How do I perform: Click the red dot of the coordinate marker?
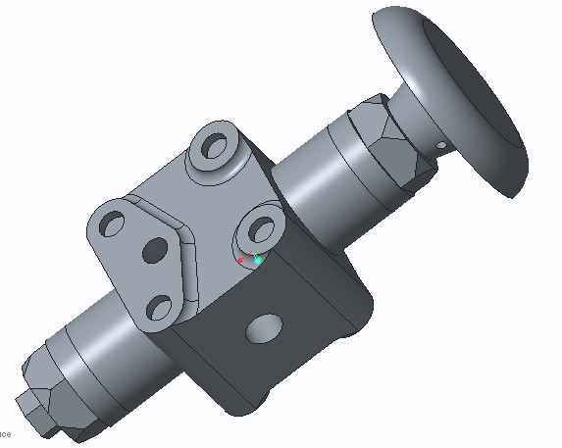pos(240,261)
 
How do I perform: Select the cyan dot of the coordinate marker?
pos(258,261)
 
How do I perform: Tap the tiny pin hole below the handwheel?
pos(441,147)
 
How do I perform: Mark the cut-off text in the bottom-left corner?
pos(5,433)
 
